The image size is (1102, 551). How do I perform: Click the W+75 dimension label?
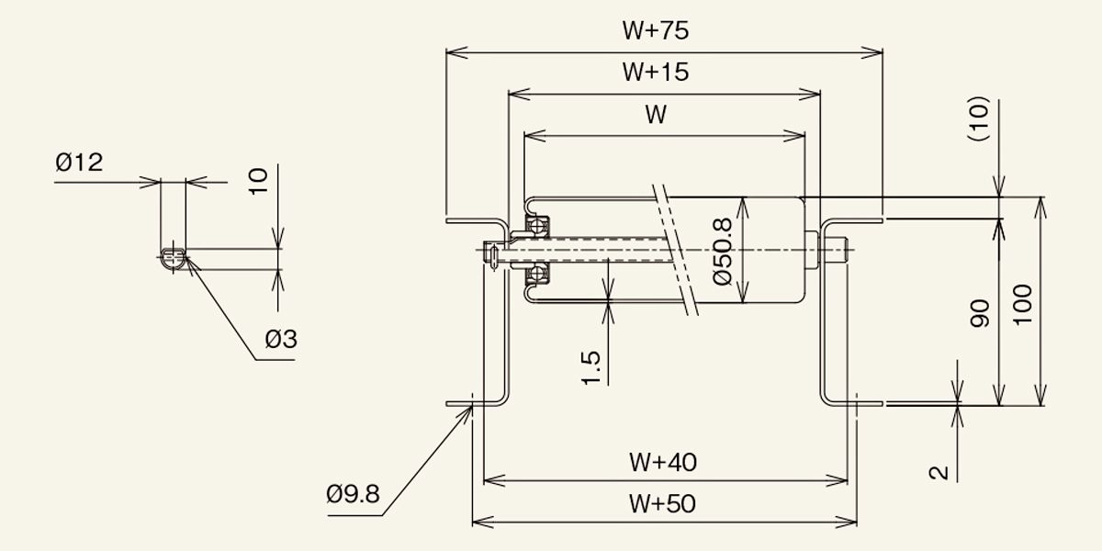[656, 30]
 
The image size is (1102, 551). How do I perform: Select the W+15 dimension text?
[656, 72]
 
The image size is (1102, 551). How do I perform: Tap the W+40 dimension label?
[663, 463]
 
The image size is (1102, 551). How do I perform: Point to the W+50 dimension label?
[662, 504]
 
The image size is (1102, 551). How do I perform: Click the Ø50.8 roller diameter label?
[722, 252]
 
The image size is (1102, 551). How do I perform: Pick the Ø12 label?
[79, 162]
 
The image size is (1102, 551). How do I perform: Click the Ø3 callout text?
[281, 339]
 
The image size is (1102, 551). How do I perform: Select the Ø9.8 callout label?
[353, 494]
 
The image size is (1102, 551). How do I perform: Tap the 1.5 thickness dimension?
[590, 367]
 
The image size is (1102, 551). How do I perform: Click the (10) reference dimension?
[979, 118]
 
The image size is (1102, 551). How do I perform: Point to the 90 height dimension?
[980, 313]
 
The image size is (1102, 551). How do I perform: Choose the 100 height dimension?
[1022, 305]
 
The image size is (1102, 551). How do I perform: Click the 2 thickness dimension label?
[939, 473]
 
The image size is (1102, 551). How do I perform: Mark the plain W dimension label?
[656, 115]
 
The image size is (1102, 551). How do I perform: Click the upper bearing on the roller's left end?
[537, 226]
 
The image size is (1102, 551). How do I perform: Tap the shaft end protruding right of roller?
[834, 250]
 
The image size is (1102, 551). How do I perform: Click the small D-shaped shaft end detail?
[174, 260]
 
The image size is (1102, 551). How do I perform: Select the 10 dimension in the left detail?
[258, 182]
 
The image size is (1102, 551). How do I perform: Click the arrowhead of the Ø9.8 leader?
[469, 408]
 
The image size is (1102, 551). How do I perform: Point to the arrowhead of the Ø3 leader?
[187, 258]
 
